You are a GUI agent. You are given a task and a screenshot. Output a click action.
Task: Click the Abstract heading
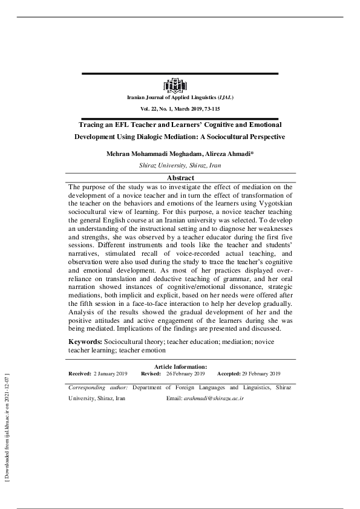[180, 178]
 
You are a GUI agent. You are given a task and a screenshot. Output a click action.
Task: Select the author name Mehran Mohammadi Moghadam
[152, 154]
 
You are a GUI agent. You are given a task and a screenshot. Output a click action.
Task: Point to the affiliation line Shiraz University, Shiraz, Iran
[180, 164]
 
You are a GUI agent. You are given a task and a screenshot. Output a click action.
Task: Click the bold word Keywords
[84, 342]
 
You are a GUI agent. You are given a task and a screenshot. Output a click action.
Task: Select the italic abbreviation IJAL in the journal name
[223, 97]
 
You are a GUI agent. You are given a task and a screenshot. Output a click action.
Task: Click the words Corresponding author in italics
[97, 387]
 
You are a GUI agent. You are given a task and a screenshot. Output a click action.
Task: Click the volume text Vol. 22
[150, 108]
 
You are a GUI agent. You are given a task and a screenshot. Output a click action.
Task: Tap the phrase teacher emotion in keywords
[146, 350]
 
